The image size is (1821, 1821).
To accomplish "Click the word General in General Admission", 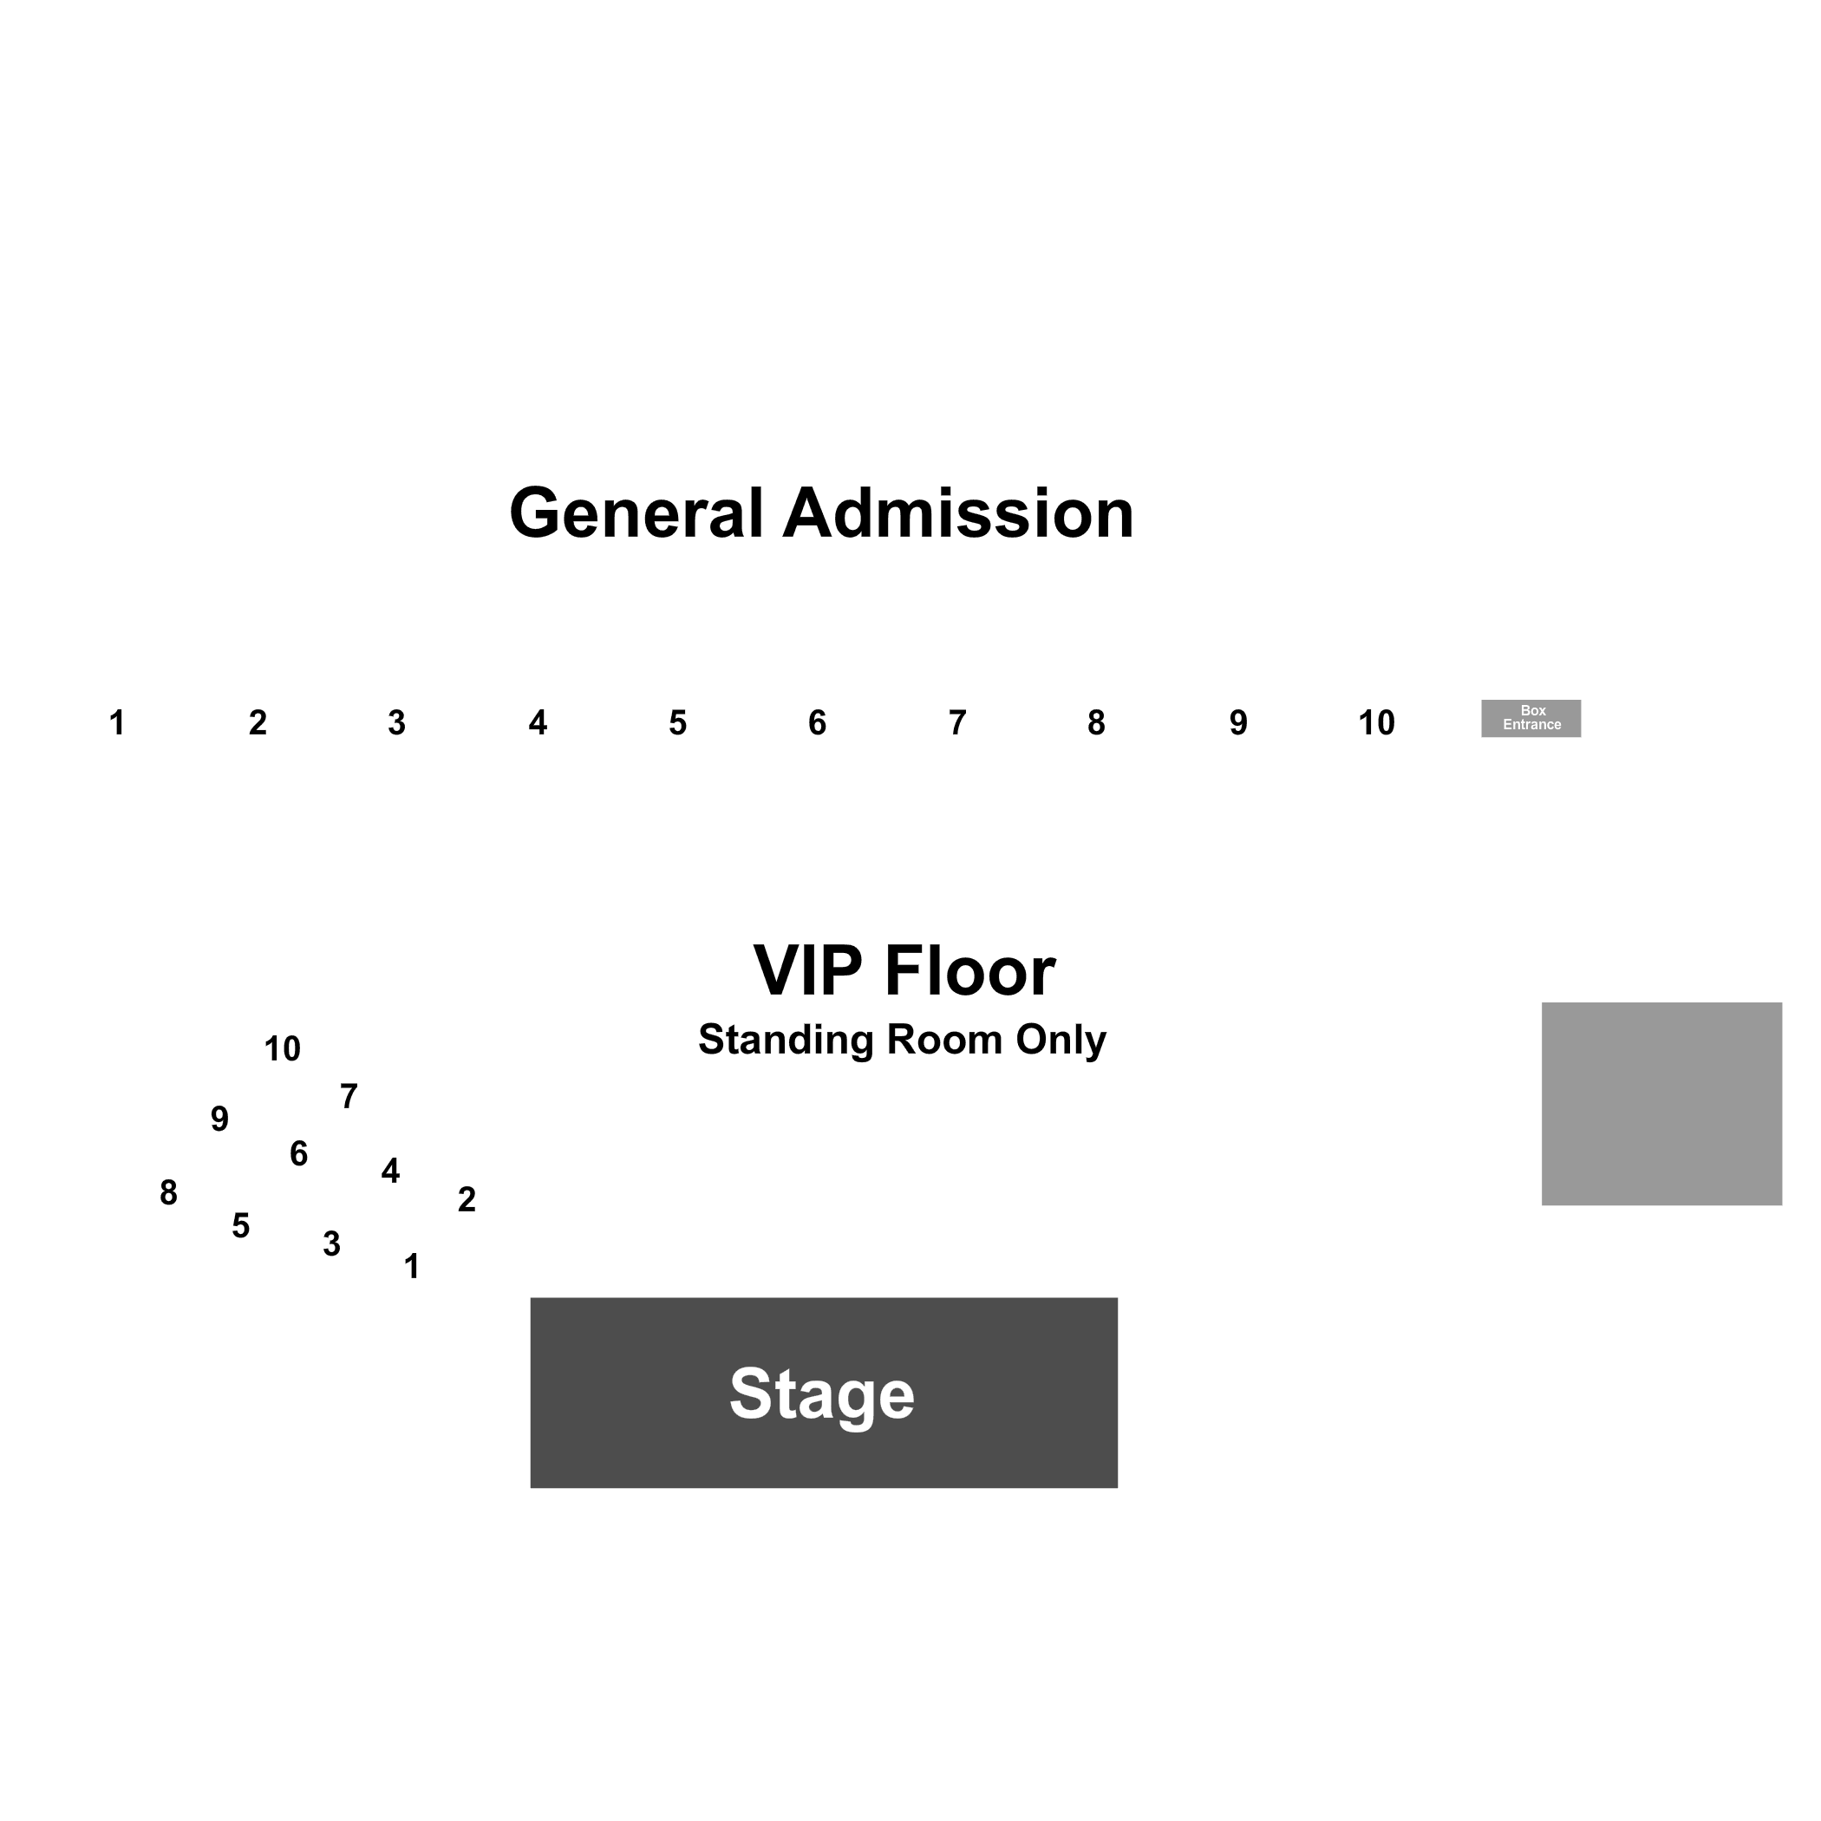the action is click(x=636, y=513).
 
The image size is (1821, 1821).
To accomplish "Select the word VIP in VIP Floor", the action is click(x=808, y=971).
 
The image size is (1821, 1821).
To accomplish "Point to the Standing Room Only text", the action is click(x=902, y=1041).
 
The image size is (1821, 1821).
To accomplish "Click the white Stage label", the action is click(x=822, y=1394).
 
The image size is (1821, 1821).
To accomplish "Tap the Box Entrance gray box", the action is click(x=1531, y=718).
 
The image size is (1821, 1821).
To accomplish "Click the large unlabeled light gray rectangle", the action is click(x=1661, y=1104).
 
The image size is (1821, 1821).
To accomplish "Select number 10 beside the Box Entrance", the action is click(x=1376, y=723).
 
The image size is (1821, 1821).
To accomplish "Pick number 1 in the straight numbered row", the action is click(x=117, y=723).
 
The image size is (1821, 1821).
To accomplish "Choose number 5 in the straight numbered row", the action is click(x=678, y=723).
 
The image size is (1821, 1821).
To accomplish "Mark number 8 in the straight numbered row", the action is click(x=1096, y=723).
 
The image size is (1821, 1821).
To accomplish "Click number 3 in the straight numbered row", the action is click(x=397, y=723).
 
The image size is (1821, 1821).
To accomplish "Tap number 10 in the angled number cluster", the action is click(x=282, y=1049).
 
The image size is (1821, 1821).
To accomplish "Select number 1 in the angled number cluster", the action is click(x=412, y=1267).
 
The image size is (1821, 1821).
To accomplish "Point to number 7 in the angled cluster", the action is click(x=349, y=1097).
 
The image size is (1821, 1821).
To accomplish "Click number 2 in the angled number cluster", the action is click(x=467, y=1200).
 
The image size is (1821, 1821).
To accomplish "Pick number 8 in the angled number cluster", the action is click(x=169, y=1193).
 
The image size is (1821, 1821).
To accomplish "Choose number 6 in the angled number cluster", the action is click(x=299, y=1153).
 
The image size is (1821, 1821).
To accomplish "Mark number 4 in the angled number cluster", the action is click(x=390, y=1171).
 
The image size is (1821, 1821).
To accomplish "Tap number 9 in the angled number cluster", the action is click(x=219, y=1119).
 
